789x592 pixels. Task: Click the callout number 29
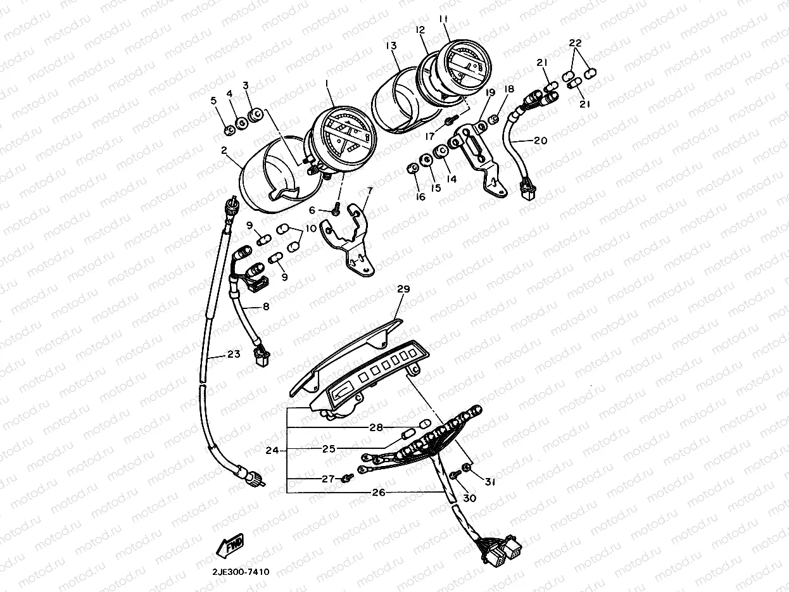tap(403, 289)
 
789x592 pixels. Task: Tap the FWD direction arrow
tap(230, 543)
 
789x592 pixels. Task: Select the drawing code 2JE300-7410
tap(241, 572)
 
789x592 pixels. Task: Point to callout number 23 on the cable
tap(234, 355)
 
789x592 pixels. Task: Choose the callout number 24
tap(272, 451)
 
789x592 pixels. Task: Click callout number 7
tap(369, 190)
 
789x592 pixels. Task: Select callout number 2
tap(224, 150)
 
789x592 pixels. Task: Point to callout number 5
tap(213, 100)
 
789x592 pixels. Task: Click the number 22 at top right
tap(575, 43)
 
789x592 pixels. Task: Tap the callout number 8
tap(265, 306)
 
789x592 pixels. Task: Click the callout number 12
tap(420, 30)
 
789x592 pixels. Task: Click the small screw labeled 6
tap(337, 210)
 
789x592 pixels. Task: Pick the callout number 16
tap(420, 197)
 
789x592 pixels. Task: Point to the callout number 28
tap(377, 428)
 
